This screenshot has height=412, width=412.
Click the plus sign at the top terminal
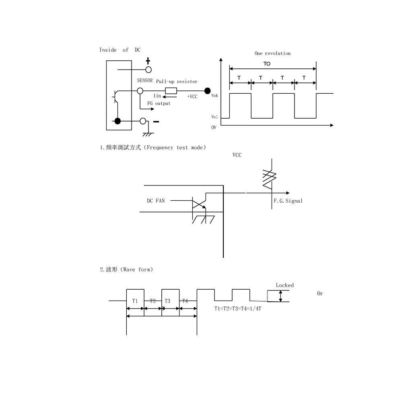148,61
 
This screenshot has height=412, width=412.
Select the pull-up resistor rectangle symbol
171,91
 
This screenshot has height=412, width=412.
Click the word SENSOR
145,81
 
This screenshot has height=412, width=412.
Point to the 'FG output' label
159,103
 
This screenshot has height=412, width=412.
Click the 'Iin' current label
157,96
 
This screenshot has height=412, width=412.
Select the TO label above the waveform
267,64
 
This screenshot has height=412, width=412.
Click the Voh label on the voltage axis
214,96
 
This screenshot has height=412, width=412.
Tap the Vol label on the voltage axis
214,117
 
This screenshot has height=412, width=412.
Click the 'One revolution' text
272,53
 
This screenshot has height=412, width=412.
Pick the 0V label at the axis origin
214,128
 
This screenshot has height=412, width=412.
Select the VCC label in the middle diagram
237,155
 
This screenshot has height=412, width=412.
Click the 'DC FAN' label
155,201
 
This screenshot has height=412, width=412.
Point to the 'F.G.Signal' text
288,201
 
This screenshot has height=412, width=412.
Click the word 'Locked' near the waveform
285,285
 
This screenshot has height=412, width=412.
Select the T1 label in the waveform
135,301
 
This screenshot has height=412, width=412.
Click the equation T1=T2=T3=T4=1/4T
238,309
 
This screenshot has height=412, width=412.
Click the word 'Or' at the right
320,294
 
